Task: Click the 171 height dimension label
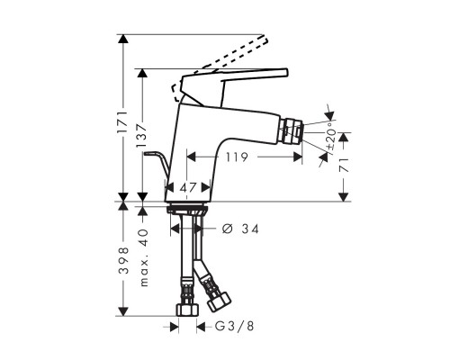[122, 122]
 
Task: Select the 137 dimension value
[141, 136]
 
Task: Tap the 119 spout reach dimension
[237, 157]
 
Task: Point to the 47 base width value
[188, 188]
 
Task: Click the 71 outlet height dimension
[344, 165]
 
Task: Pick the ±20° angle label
[330, 136]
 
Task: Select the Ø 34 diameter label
[240, 229]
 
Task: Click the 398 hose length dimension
[123, 260]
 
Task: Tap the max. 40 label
[144, 257]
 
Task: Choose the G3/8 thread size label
[234, 326]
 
